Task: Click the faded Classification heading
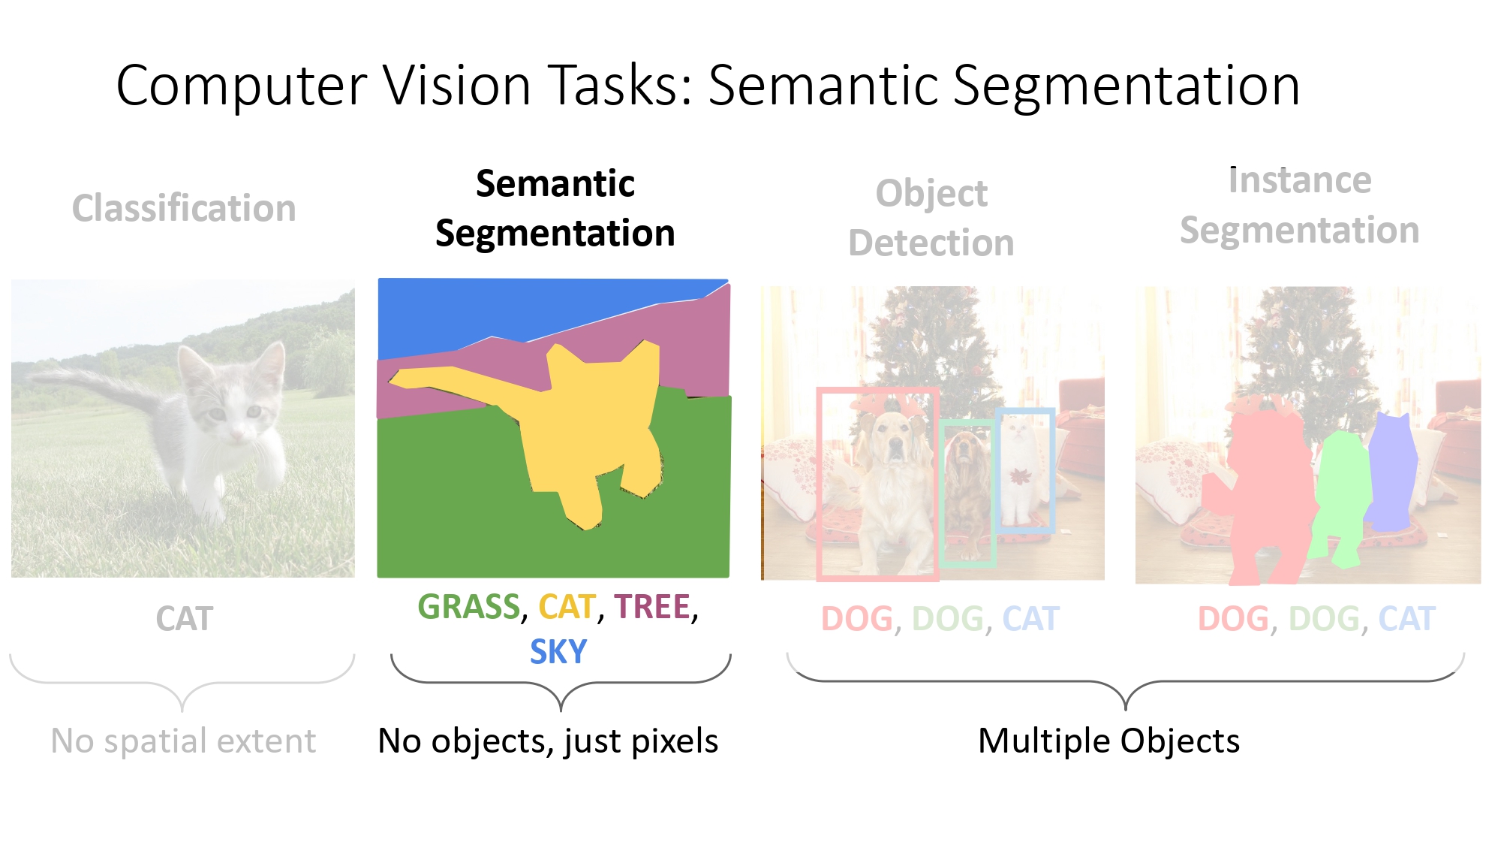[x=184, y=208]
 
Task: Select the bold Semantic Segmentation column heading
[x=555, y=208]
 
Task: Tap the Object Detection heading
[x=931, y=218]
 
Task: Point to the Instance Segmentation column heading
[x=1299, y=205]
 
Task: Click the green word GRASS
[x=468, y=607]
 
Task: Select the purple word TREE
[x=652, y=607]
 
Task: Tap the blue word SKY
[x=558, y=651]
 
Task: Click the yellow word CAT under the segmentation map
[x=567, y=607]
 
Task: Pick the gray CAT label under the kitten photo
[x=185, y=619]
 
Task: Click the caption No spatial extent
[x=183, y=741]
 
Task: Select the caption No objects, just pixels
[x=548, y=741]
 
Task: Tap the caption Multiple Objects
[x=1108, y=741]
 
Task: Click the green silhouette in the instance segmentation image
[x=1342, y=496]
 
